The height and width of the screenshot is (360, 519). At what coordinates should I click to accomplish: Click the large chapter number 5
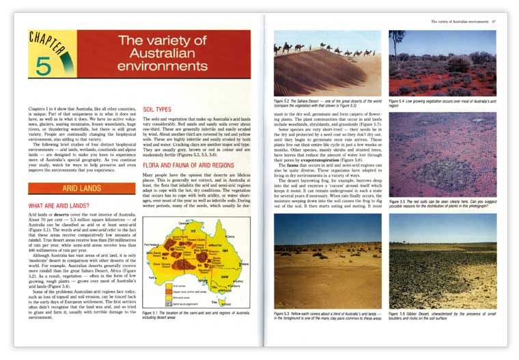pos(43,65)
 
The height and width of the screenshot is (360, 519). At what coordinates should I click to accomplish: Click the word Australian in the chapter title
pos(162,53)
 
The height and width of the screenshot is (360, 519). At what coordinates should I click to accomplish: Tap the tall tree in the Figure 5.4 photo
pos(397,42)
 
